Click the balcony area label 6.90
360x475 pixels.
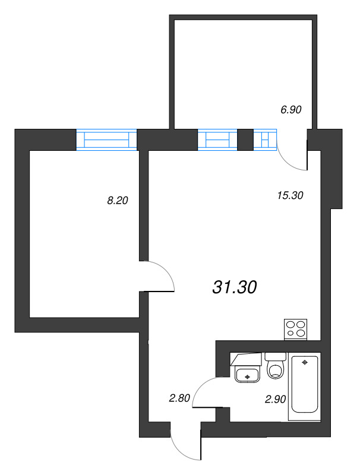click(292, 109)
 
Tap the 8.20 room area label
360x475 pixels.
click(117, 201)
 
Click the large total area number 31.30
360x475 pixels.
click(234, 287)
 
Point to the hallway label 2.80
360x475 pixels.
click(179, 398)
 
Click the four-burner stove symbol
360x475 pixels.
click(296, 329)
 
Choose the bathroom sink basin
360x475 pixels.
click(247, 375)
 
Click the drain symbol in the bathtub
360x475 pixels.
click(305, 362)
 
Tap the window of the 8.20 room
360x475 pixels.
click(107, 140)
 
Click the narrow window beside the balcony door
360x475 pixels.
click(265, 140)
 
